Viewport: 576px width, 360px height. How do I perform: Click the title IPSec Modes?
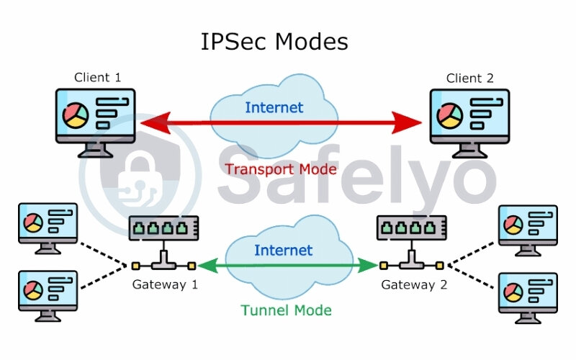point(274,42)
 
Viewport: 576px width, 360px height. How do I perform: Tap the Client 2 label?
point(469,78)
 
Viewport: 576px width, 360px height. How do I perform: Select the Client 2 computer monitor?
point(469,118)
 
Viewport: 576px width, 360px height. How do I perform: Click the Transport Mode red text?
point(281,169)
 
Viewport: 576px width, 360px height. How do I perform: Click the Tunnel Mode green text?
point(287,310)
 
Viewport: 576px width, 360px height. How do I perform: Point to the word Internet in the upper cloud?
point(274,108)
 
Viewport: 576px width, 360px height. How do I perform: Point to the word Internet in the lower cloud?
point(283,251)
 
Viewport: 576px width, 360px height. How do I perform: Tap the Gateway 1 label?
point(165,284)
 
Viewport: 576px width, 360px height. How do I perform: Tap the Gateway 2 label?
point(414,284)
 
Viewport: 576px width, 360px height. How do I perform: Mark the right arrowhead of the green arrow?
point(369,266)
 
